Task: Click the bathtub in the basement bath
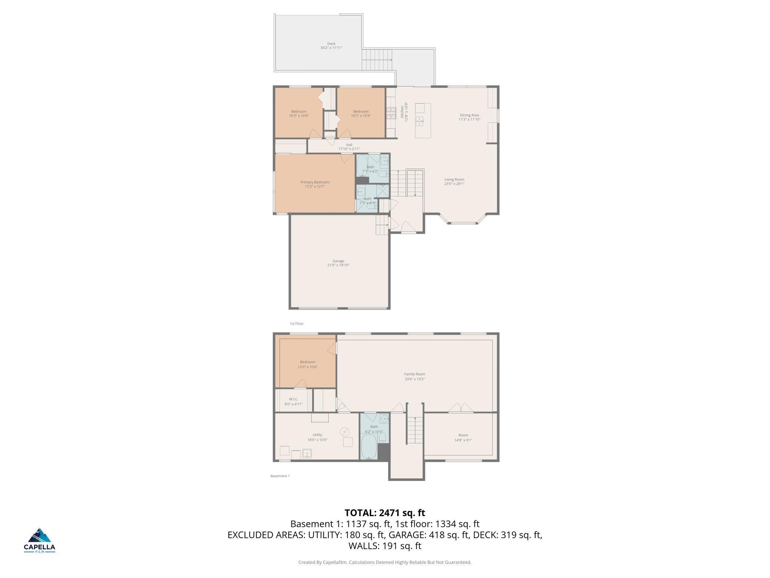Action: coord(369,447)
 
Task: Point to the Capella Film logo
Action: coord(40,540)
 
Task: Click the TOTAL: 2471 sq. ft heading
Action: coord(385,513)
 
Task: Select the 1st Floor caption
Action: coord(297,323)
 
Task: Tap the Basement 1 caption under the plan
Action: coord(280,476)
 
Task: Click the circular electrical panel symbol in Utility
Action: coord(345,432)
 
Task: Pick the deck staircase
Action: coord(377,60)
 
